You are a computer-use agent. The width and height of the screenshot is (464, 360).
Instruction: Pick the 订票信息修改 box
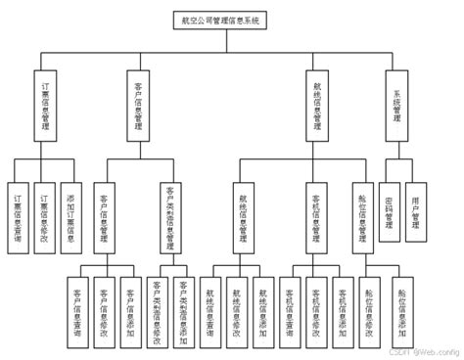[43, 209]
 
